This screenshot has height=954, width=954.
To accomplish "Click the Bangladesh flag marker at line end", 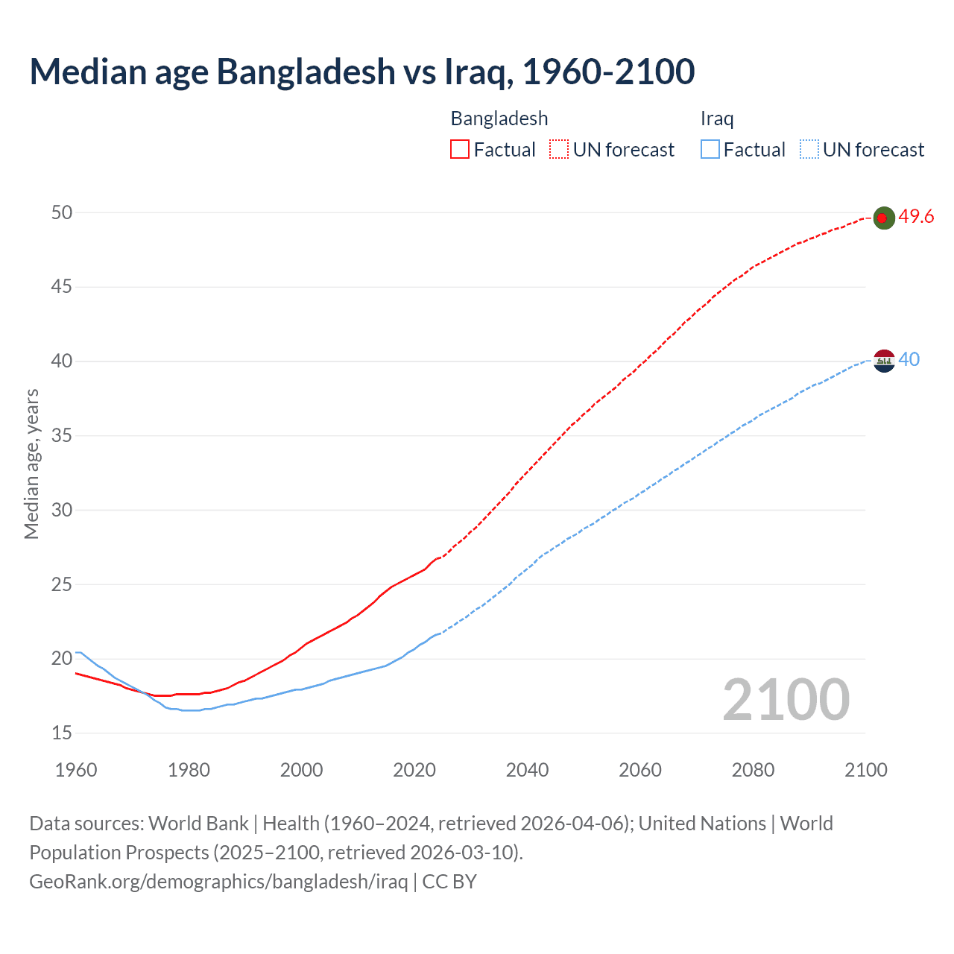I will click(x=883, y=218).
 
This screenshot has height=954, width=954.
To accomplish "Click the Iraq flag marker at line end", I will click(x=883, y=360).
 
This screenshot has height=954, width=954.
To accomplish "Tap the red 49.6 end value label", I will click(x=916, y=217).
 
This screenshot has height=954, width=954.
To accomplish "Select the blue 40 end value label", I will click(x=909, y=359).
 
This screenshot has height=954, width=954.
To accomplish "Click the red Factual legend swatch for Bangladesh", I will click(x=460, y=150).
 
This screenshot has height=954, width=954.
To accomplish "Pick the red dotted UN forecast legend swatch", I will click(x=559, y=150).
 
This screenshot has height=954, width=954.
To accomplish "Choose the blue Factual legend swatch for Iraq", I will click(x=710, y=150).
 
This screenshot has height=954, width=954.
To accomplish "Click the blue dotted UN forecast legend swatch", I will click(x=809, y=150).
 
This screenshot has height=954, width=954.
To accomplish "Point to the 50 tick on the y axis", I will click(x=62, y=212).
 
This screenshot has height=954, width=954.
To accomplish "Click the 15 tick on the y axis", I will click(x=62, y=733).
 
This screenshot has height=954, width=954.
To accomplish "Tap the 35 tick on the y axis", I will click(x=62, y=435).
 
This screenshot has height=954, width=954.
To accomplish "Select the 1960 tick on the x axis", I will click(x=76, y=770).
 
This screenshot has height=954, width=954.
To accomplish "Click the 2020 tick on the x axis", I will click(x=414, y=770).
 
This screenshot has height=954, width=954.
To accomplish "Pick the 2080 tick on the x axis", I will click(x=753, y=770).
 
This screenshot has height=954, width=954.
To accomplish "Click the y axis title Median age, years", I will click(x=31, y=464).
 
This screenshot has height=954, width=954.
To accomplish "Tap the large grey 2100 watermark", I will click(x=786, y=699).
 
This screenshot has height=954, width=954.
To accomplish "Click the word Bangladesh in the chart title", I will click(x=306, y=72).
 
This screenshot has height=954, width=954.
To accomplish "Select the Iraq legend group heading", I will click(x=717, y=119).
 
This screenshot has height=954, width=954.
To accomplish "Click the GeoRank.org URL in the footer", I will click(x=218, y=882).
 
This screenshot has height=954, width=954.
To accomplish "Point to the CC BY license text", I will click(x=449, y=882).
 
